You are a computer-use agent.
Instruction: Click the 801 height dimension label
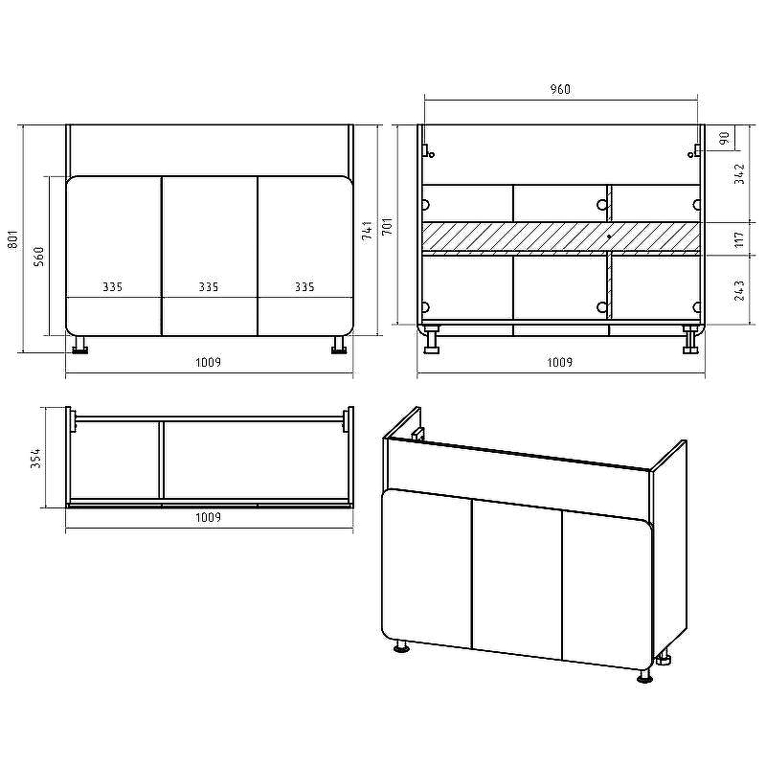(x=13, y=239)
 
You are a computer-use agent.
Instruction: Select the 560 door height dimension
(x=39, y=257)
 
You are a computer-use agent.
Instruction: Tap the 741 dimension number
(x=368, y=230)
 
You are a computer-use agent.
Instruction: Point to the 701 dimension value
(x=387, y=226)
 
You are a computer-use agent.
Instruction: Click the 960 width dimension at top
(x=560, y=89)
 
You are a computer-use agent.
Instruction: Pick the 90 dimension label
(x=725, y=138)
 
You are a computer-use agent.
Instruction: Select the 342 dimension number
(x=739, y=174)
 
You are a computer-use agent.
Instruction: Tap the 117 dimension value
(x=739, y=239)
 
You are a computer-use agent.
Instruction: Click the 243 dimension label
(x=739, y=290)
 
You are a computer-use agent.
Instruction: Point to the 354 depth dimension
(x=36, y=458)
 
